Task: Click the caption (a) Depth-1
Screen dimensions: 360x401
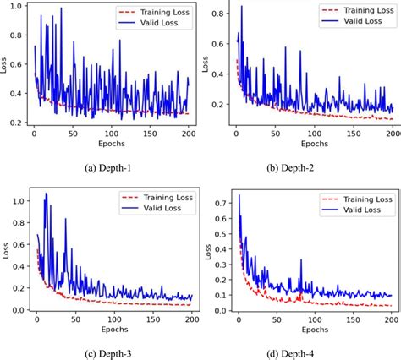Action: (100, 167)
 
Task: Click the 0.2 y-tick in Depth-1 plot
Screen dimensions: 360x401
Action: (16, 123)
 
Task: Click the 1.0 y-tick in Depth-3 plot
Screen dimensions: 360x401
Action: (16, 200)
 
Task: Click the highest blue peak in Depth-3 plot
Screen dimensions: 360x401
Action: (45, 194)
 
